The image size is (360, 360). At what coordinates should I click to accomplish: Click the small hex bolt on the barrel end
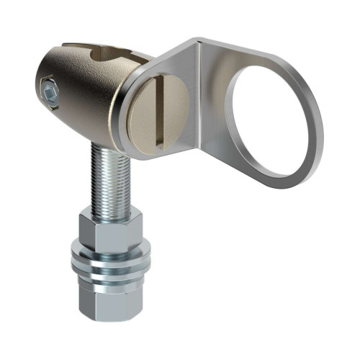(48, 92)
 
